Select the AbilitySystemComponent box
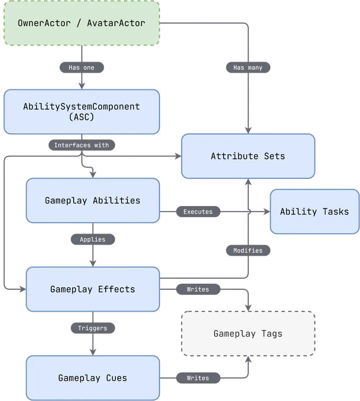pos(82,111)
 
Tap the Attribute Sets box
pos(248,156)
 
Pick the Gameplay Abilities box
pos(93,200)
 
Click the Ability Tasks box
pos(314,212)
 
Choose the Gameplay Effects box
pos(93,289)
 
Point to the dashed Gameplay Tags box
pos(248,333)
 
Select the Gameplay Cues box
pos(93,377)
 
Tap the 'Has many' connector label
pos(248,67)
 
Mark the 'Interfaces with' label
pos(81,145)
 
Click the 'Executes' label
pos(198,212)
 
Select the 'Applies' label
pos(93,239)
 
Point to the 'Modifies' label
pos(248,250)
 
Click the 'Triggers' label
pos(93,328)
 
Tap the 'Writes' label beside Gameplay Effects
pos(198,289)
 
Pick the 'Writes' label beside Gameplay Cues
pos(198,377)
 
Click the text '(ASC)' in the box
pos(82,117)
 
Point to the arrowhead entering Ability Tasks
pos(266,212)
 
